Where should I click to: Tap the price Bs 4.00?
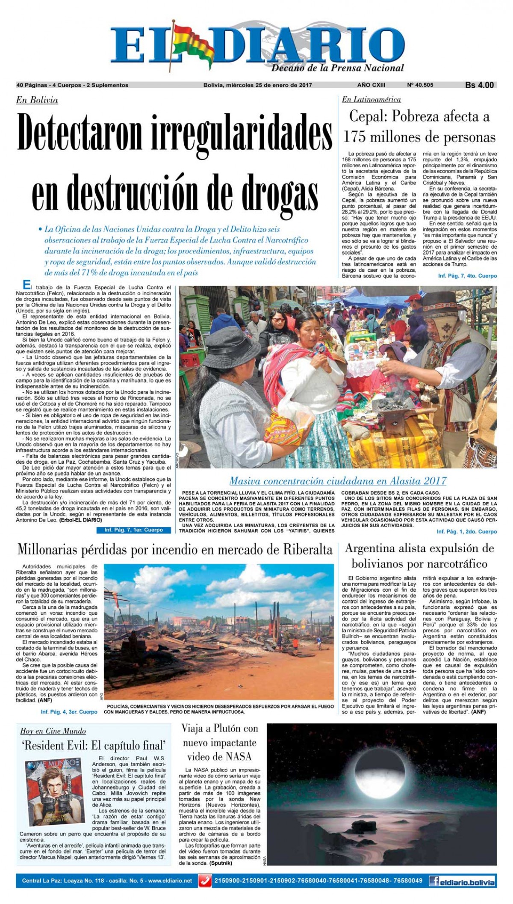click(x=479, y=85)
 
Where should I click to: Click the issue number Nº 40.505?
click(x=421, y=85)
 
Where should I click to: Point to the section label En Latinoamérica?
click(x=371, y=100)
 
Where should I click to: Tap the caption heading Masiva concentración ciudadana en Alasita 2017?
click(x=338, y=481)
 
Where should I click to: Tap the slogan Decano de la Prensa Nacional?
click(x=337, y=68)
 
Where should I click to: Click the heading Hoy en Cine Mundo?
click(x=53, y=731)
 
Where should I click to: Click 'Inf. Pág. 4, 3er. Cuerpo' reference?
click(x=69, y=712)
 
